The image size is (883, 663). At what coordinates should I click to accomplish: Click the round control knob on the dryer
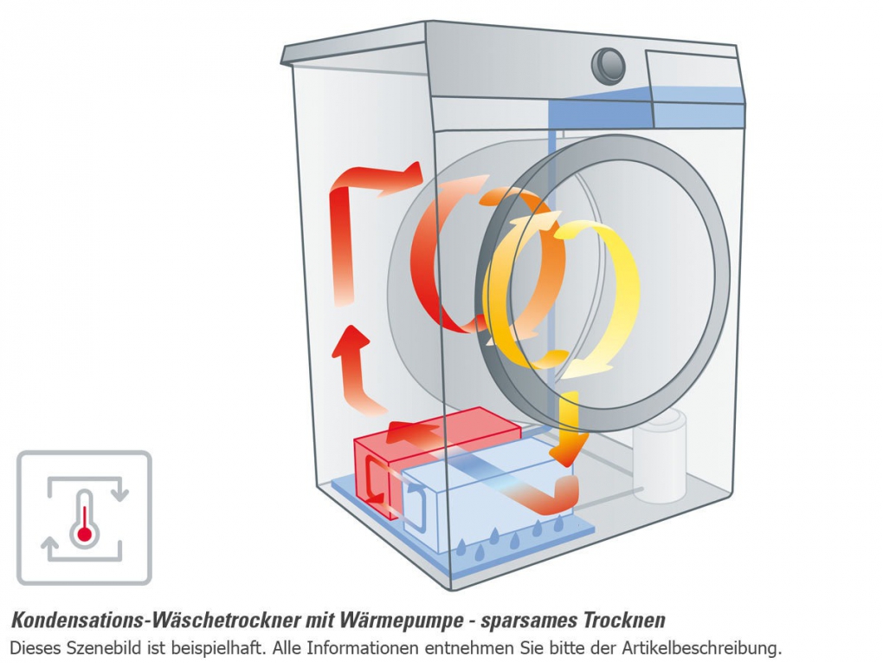(610, 66)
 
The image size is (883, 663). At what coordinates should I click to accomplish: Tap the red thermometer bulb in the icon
(84, 534)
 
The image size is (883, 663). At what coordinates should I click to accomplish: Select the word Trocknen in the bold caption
(624, 621)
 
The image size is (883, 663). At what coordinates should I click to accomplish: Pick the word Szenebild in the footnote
(91, 647)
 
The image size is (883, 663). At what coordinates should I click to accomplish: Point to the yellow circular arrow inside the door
(597, 295)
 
